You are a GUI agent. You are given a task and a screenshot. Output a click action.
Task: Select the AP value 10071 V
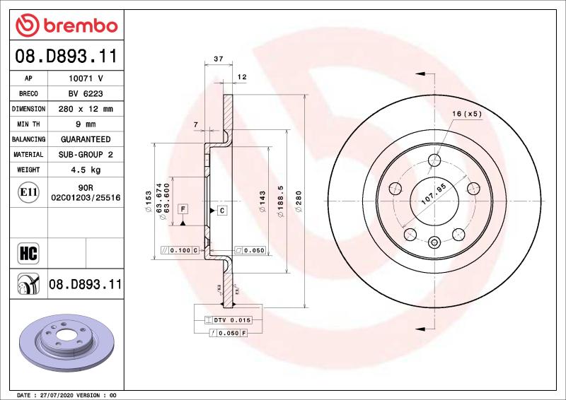(x=85, y=78)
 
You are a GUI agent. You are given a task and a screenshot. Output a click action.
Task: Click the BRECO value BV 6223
(x=85, y=94)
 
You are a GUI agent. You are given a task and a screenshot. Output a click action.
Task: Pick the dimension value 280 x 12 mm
(x=85, y=110)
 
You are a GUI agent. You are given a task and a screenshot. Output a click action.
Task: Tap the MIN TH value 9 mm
(x=85, y=124)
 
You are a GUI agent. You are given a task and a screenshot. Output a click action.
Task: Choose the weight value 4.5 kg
(x=85, y=170)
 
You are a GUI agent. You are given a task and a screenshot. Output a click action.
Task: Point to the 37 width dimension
(x=218, y=59)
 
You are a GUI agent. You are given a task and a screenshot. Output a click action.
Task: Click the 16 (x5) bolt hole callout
(x=467, y=113)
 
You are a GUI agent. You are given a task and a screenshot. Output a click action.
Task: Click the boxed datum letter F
(x=183, y=209)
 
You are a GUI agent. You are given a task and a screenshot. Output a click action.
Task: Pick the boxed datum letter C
(x=221, y=211)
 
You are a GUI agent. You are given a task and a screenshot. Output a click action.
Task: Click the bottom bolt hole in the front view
(x=434, y=240)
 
